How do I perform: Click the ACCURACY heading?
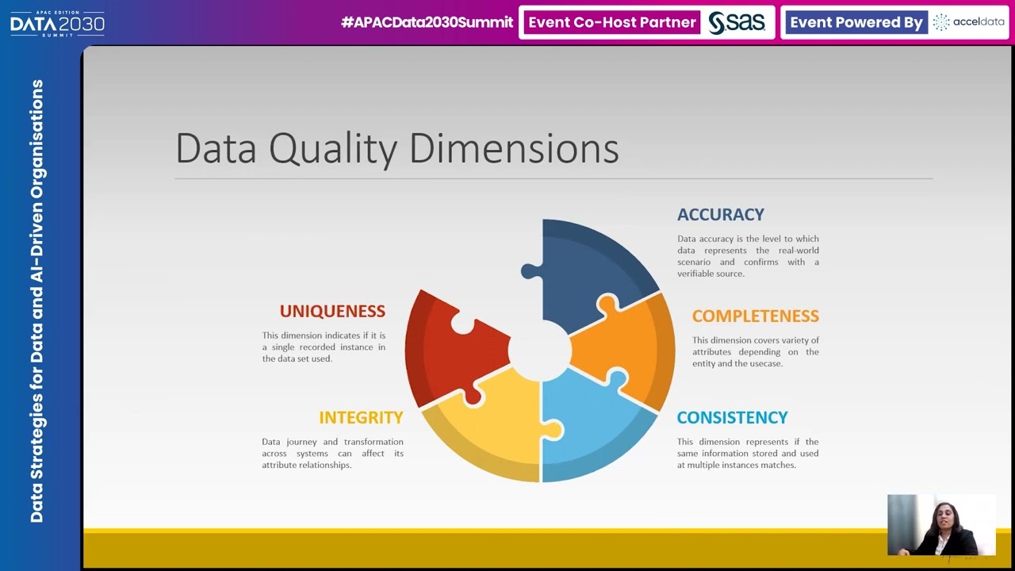pos(720,215)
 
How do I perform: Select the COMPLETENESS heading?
pos(755,316)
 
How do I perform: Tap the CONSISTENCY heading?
pos(732,418)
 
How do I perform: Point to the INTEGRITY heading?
pos(361,418)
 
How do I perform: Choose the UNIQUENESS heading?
pos(332,312)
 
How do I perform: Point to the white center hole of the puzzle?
pos(540,350)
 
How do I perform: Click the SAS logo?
pos(737,23)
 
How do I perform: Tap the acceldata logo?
pos(969,22)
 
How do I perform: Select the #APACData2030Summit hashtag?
pos(427,23)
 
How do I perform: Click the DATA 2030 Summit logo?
pos(57,23)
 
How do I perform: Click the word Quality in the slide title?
pos(332,149)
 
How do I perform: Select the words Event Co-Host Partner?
pos(611,23)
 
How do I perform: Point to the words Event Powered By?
pos(856,23)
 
